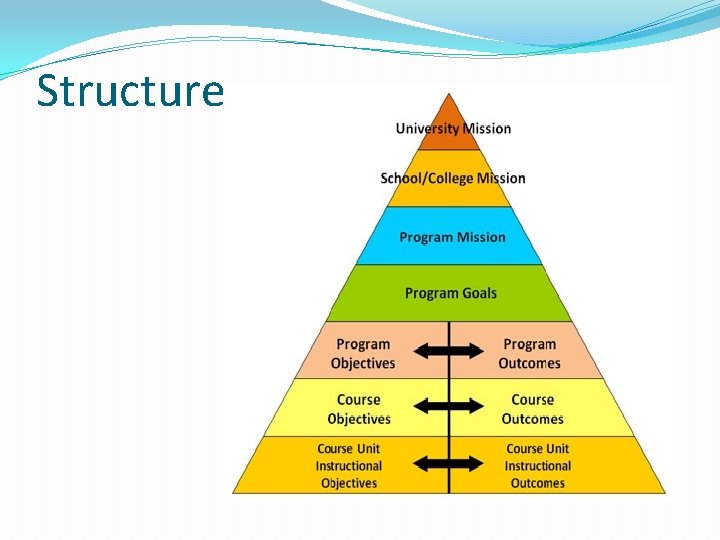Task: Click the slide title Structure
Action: tap(130, 91)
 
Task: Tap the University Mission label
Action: tap(453, 128)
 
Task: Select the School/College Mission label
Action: tap(453, 178)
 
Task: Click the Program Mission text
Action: tap(452, 237)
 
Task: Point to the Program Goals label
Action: tap(451, 293)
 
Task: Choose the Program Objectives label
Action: tap(363, 354)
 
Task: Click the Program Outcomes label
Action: tap(530, 354)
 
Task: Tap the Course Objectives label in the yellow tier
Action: tap(359, 409)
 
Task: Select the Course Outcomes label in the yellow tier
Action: tap(533, 409)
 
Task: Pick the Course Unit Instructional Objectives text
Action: tap(349, 466)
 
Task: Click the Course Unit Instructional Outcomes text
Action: tap(538, 466)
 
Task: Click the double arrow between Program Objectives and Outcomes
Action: tap(448, 351)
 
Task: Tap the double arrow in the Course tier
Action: tap(448, 406)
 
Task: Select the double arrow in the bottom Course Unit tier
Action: tap(448, 463)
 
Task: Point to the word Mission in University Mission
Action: tap(487, 128)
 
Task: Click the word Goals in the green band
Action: tap(479, 293)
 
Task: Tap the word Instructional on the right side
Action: tap(538, 466)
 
